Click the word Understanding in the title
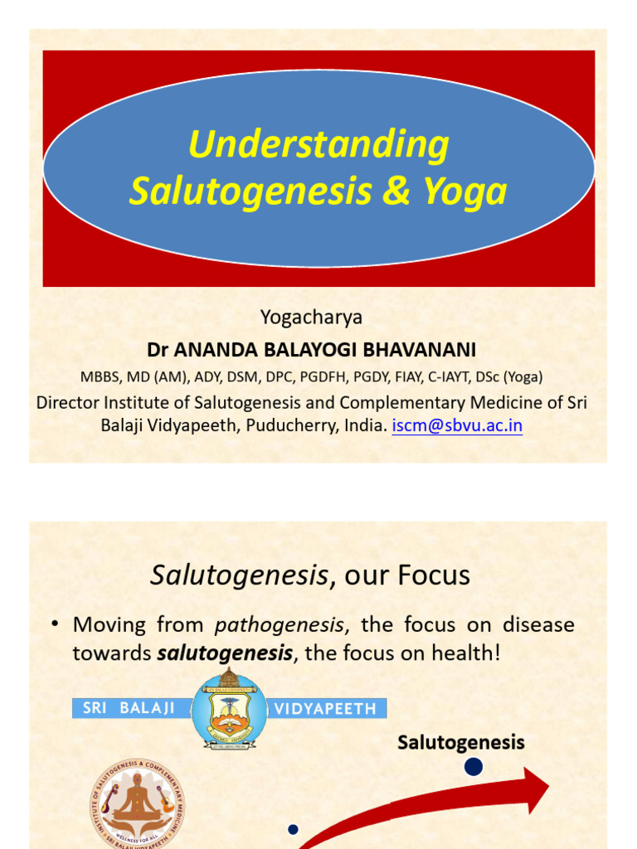pos(318,146)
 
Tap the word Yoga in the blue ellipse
pos(464,192)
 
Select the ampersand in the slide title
pos(397,192)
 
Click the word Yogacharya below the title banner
pos(312,317)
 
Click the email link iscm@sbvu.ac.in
pos(457,426)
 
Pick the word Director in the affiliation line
pos(68,402)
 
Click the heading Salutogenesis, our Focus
pos(310,575)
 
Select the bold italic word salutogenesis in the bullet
pos(225,653)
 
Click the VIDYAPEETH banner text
pos(325,709)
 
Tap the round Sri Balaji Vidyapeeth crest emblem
pos(229,710)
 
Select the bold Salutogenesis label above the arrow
pos(461,742)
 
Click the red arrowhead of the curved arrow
pos(532,789)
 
